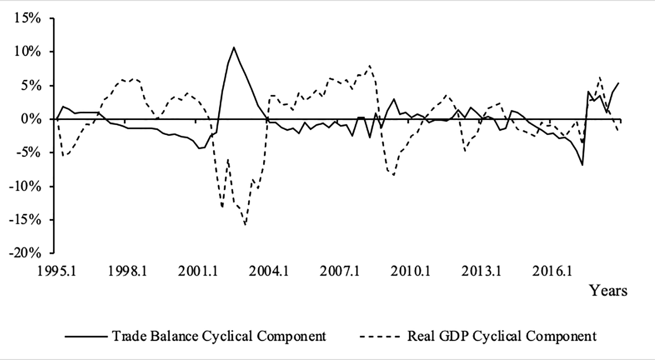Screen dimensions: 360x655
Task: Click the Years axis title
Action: pyautogui.click(x=608, y=291)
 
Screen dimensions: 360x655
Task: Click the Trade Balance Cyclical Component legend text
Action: pyautogui.click(x=219, y=336)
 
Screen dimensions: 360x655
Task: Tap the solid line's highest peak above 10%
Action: pyautogui.click(x=234, y=47)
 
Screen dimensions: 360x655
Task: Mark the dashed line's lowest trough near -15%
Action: pyautogui.click(x=245, y=225)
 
